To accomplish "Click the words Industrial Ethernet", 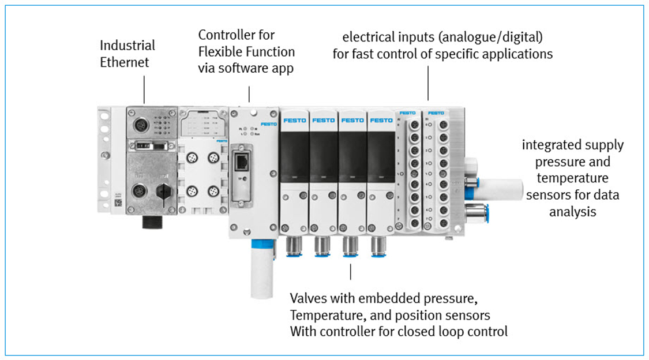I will coord(127,54).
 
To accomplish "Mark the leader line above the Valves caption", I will coord(350,276).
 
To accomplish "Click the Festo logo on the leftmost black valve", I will coord(293,121).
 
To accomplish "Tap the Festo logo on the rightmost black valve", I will coord(381,121).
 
